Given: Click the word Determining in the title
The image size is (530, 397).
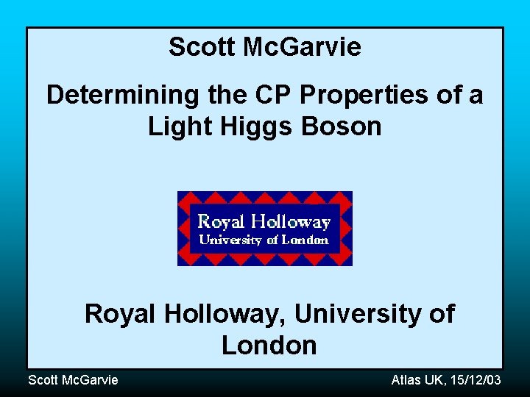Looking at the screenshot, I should point(112,95).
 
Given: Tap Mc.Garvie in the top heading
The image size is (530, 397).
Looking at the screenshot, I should point(302,47).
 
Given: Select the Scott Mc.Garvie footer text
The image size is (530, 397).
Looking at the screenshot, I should point(72,379).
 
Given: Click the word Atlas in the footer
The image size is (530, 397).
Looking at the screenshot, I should point(406,379).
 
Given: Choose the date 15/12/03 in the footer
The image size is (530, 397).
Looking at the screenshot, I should point(477,379).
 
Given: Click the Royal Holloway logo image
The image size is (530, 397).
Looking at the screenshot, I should point(265,228).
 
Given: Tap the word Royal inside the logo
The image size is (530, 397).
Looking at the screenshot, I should point(221,221).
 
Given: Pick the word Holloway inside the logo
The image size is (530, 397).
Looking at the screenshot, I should point(290,221).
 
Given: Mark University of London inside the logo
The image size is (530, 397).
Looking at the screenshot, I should point(264,240).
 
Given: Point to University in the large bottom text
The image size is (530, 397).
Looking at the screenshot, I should point(359,314).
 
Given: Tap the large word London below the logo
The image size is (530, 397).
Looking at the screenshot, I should point(269,345).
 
